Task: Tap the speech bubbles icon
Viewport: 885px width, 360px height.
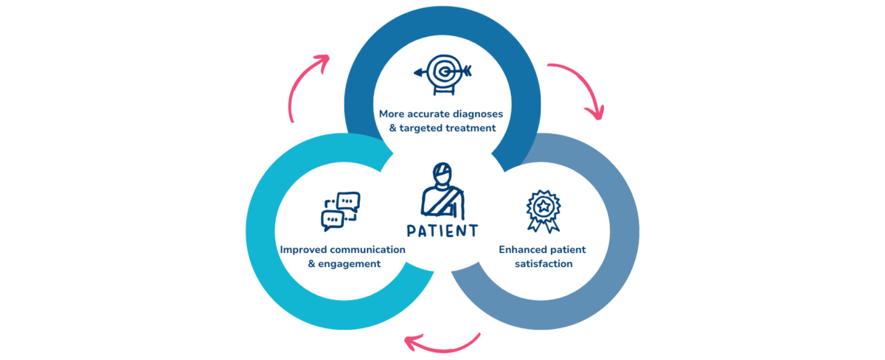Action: [340, 212]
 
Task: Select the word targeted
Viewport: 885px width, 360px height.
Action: [426, 128]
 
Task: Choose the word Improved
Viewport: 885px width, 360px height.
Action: [303, 249]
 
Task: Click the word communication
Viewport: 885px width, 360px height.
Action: [367, 249]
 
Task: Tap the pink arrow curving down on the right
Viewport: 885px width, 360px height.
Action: [580, 87]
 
